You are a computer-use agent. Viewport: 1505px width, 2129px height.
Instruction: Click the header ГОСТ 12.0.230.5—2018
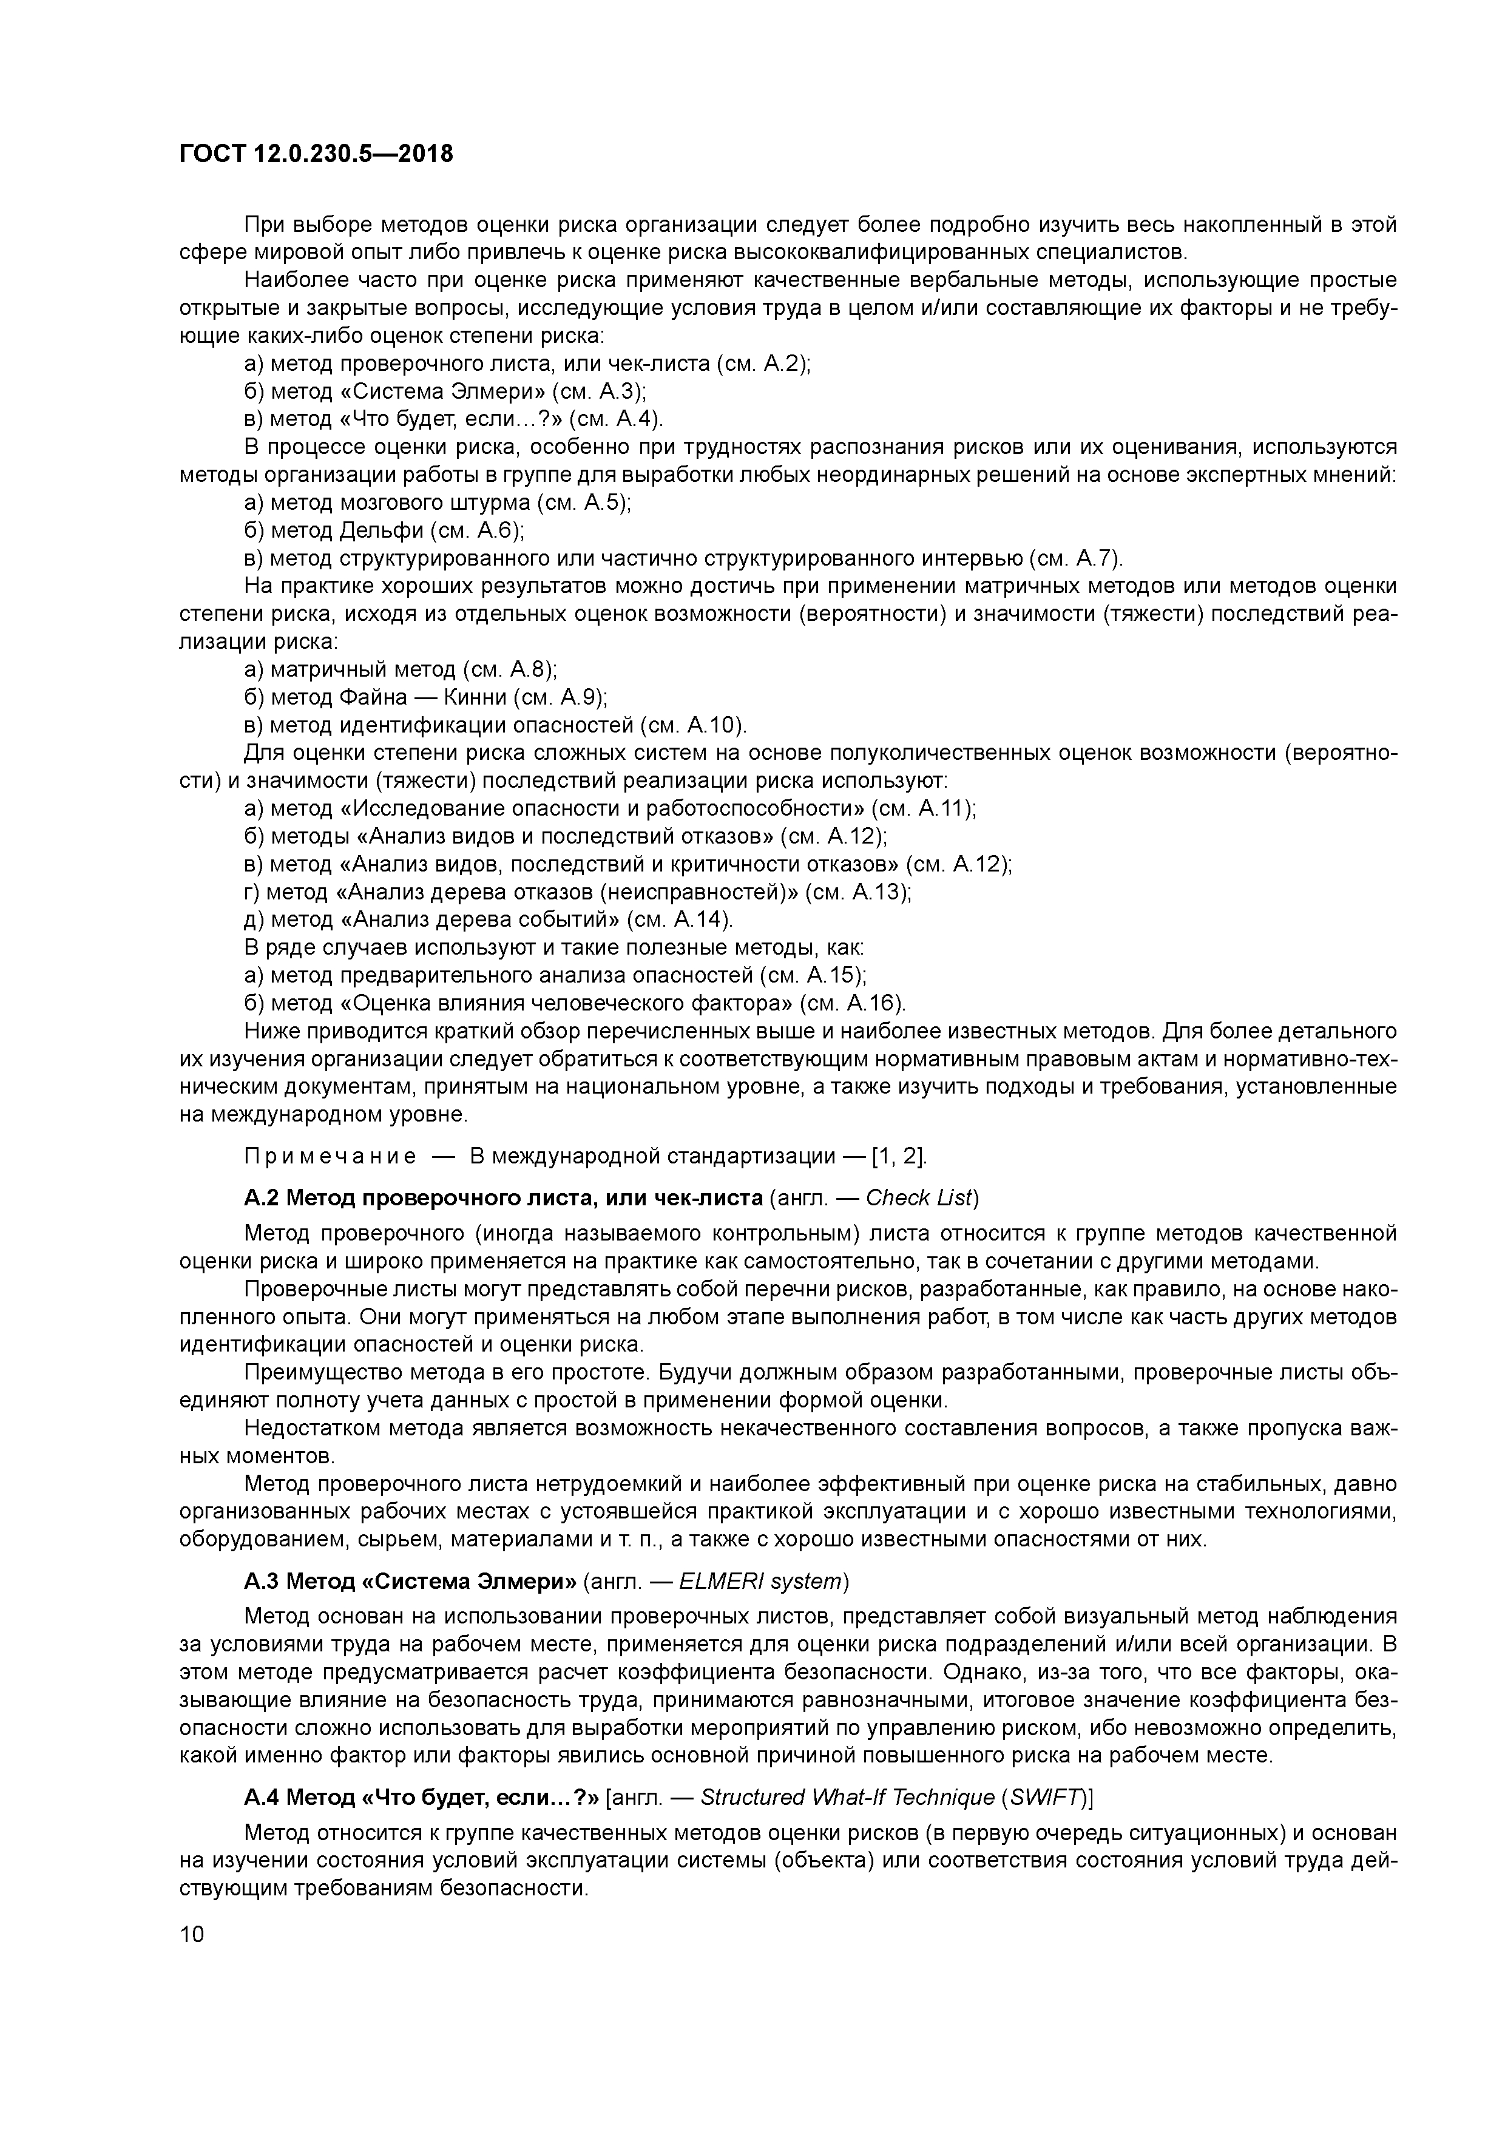coord(316,154)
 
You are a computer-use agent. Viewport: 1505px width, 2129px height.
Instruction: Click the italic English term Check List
coord(918,1198)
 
